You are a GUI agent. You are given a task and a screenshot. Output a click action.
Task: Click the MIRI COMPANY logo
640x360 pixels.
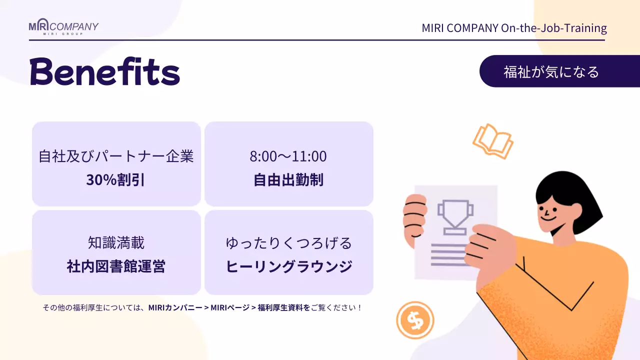click(x=63, y=27)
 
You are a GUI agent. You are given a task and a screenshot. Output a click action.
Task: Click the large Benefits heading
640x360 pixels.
click(x=104, y=72)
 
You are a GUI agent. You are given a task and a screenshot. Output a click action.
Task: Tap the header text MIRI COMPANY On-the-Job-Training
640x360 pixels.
click(x=514, y=28)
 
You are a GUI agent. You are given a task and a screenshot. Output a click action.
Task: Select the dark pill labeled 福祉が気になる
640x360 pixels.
click(x=551, y=71)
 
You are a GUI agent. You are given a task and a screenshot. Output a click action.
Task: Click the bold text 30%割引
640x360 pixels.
click(x=115, y=179)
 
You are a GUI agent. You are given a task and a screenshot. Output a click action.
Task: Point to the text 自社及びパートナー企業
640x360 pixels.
click(x=116, y=156)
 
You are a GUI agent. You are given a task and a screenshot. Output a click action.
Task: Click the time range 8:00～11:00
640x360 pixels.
click(x=288, y=156)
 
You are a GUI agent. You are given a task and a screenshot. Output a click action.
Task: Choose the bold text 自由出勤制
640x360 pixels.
click(x=288, y=179)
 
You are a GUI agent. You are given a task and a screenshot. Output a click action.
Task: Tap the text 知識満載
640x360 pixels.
click(x=116, y=243)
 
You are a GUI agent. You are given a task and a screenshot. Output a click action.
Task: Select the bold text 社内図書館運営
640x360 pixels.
click(x=116, y=266)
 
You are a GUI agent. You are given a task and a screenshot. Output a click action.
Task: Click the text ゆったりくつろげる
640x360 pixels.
click(x=289, y=243)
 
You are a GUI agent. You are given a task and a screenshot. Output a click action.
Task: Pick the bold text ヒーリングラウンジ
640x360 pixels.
click(x=289, y=266)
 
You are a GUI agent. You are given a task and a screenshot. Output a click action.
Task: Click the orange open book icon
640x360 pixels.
click(x=493, y=141)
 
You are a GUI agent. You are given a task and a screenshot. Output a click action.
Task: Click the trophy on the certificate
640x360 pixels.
click(x=455, y=216)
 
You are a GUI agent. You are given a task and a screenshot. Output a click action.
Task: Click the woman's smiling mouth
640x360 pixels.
click(x=548, y=218)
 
